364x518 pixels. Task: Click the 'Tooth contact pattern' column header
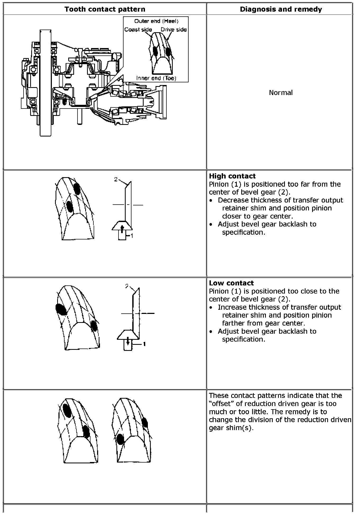(105, 9)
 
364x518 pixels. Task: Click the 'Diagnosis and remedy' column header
(281, 9)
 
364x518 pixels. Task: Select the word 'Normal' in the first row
(281, 93)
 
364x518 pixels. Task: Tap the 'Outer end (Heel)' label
(156, 21)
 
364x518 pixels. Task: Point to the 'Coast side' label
(138, 30)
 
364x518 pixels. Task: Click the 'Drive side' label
(174, 30)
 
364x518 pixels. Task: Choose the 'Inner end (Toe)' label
(156, 78)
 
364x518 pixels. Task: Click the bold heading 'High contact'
(232, 176)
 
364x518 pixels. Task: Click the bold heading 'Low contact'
(231, 283)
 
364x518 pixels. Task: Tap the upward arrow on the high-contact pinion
(122, 228)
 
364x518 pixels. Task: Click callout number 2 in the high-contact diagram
(116, 179)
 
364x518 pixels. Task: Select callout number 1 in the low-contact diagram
(144, 344)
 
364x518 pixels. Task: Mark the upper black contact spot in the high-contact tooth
(77, 189)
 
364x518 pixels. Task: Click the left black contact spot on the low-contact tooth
(61, 309)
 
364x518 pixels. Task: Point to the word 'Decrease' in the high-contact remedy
(233, 200)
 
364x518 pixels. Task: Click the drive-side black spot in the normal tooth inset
(168, 51)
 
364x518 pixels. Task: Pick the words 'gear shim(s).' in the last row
(231, 428)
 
